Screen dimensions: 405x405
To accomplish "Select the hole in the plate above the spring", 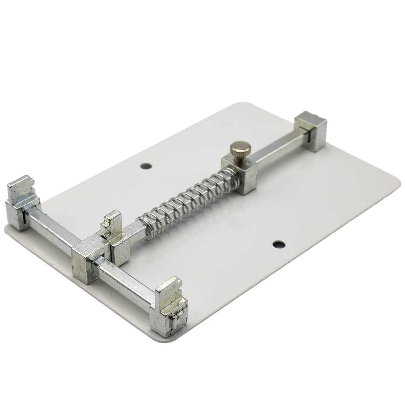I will tap(146, 166).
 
